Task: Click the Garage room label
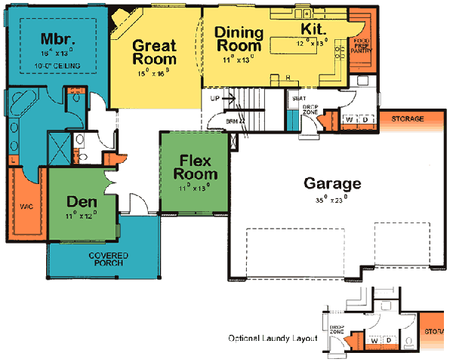(x=332, y=183)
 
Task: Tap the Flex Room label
(x=192, y=167)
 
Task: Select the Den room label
(x=81, y=202)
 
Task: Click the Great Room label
(x=154, y=52)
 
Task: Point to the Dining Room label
(x=239, y=40)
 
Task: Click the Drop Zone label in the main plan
(x=310, y=110)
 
